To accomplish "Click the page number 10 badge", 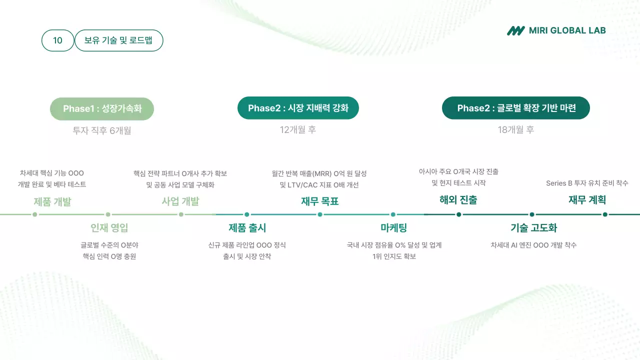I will [x=57, y=40].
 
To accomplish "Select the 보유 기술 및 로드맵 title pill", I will [x=118, y=40].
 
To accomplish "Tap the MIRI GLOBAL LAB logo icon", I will [x=515, y=30].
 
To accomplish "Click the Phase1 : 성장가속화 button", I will [x=102, y=109].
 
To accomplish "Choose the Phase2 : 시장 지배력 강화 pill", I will [x=298, y=108].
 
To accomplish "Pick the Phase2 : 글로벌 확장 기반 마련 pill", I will [x=516, y=108].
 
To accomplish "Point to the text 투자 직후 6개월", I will [x=102, y=130].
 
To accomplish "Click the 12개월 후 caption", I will [x=298, y=129].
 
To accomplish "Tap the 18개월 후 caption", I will [x=516, y=129].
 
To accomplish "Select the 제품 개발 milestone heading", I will [x=52, y=201].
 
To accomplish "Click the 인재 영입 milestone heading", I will [x=109, y=228].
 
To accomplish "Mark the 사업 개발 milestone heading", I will [x=180, y=201].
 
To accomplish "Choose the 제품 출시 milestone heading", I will [x=247, y=228].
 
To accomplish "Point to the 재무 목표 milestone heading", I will [x=320, y=201].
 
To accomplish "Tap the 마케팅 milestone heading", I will [x=393, y=228].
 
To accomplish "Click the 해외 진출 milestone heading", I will [x=458, y=200].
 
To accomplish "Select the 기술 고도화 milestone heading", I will [x=533, y=228].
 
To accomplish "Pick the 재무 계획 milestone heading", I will [x=587, y=200].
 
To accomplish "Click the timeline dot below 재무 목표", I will [x=320, y=214].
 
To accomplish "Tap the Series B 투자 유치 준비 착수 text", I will [x=587, y=183].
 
